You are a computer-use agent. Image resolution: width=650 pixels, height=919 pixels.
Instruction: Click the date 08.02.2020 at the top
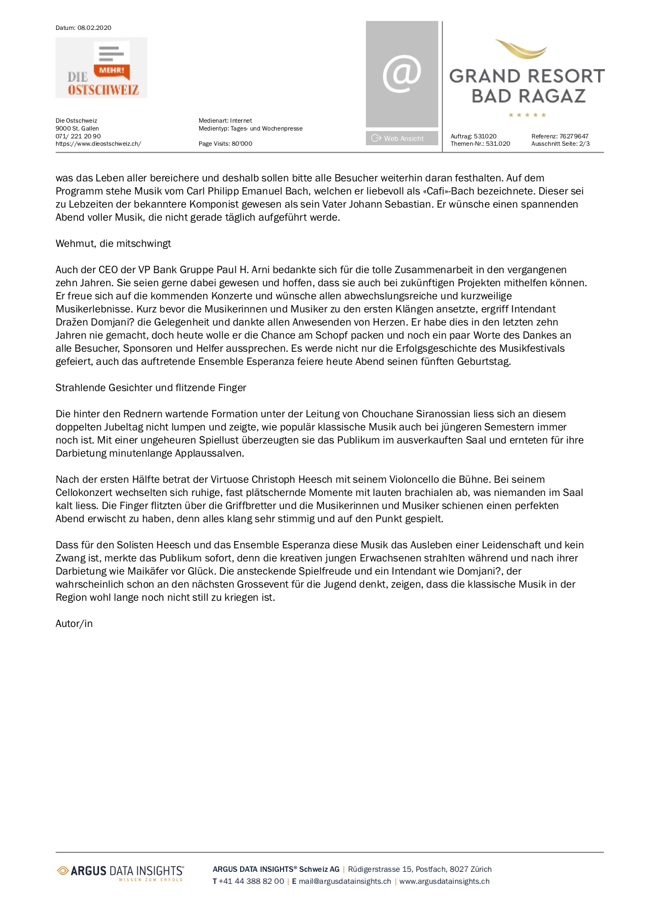(x=94, y=28)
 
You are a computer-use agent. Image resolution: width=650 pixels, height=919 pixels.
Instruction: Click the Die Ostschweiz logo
(x=101, y=68)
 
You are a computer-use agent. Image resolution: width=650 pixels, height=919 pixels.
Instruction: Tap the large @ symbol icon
(x=402, y=74)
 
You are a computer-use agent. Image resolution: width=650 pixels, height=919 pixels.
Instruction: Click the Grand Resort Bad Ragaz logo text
(x=527, y=86)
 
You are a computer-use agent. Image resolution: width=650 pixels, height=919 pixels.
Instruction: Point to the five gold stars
(x=527, y=115)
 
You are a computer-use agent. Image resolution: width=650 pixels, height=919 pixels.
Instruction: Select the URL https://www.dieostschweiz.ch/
(x=98, y=144)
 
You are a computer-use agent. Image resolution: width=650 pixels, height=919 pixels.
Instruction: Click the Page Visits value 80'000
(x=242, y=144)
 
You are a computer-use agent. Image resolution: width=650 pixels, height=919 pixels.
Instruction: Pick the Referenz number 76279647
(x=573, y=136)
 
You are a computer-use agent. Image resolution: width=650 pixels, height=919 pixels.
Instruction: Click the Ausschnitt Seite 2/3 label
(x=560, y=144)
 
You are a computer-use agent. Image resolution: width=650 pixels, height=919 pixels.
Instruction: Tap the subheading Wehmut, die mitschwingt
(x=113, y=244)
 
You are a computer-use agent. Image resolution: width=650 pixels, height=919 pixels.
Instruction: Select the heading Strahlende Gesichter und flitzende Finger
(x=151, y=388)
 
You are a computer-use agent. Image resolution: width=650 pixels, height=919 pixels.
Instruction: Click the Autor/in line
(x=74, y=624)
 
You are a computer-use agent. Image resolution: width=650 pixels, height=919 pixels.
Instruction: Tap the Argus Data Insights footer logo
(x=121, y=872)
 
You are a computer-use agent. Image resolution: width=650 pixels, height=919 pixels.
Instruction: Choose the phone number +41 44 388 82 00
(x=251, y=881)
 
